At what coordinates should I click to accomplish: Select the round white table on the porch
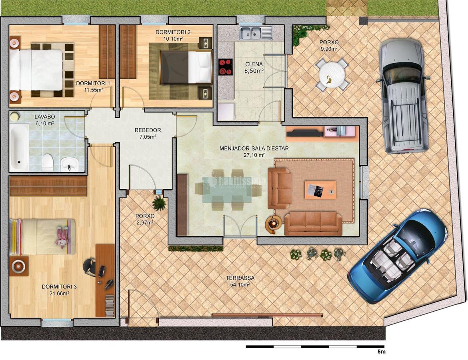pyautogui.click(x=332, y=74)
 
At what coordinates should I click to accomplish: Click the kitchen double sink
pyautogui.click(x=256, y=33)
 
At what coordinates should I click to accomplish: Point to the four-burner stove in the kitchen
pyautogui.click(x=226, y=67)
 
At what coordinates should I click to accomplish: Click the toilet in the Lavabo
pyautogui.click(x=48, y=162)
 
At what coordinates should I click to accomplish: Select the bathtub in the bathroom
pyautogui.click(x=19, y=146)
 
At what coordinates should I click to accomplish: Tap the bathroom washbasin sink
pyautogui.click(x=70, y=163)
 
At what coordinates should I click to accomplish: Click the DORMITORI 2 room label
pyautogui.click(x=173, y=32)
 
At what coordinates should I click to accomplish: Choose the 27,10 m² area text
pyautogui.click(x=254, y=155)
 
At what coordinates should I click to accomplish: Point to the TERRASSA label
pyautogui.click(x=240, y=278)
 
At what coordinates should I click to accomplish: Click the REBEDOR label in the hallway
pyautogui.click(x=148, y=130)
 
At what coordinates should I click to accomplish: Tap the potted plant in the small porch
pyautogui.click(x=159, y=204)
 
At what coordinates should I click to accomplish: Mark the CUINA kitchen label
pyautogui.click(x=254, y=64)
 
